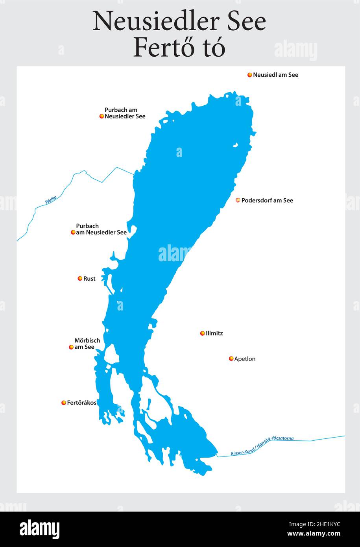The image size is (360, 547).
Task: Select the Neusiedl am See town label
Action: point(275,75)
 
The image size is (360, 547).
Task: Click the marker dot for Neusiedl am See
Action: point(249,75)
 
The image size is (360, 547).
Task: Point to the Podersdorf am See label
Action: point(267,200)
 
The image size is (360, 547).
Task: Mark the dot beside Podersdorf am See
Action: point(238,200)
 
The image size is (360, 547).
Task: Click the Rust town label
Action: point(89,279)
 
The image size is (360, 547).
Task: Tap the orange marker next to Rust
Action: point(80,279)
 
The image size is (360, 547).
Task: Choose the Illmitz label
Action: point(214,333)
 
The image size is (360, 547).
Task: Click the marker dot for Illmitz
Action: point(203,333)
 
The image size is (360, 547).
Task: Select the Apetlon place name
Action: point(245,359)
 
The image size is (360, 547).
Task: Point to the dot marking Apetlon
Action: point(231,359)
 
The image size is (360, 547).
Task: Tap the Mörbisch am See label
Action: point(87,344)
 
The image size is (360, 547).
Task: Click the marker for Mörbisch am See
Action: point(71,347)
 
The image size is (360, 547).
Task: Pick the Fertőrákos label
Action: point(81,403)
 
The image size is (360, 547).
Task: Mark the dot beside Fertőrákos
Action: point(64,403)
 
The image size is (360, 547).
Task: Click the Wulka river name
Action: point(51,200)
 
